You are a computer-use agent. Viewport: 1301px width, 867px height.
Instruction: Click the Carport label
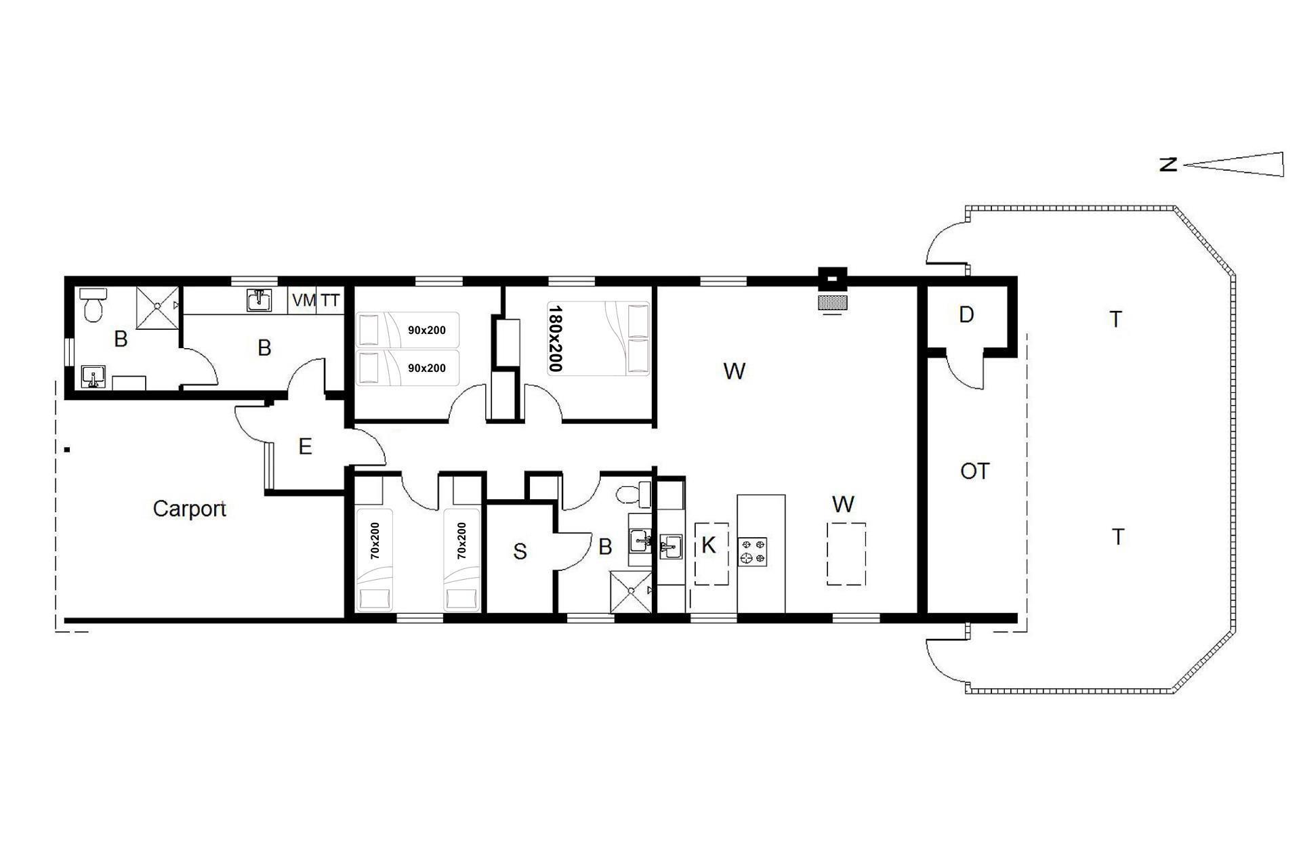189,509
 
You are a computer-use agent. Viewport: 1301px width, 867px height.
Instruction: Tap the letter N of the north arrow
1168,165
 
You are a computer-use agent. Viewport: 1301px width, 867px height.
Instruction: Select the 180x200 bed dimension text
556,339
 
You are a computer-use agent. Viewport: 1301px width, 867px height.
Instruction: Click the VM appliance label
304,300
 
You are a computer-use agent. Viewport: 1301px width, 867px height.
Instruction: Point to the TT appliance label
330,300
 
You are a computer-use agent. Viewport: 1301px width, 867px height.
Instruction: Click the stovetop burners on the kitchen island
752,551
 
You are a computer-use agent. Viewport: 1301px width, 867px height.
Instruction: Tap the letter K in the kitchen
708,545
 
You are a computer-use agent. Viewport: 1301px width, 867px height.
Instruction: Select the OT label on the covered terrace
974,471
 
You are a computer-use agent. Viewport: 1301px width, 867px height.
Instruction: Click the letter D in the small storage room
966,314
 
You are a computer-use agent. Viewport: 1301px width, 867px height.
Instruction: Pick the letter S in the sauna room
520,552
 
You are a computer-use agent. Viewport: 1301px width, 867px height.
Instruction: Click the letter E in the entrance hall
305,446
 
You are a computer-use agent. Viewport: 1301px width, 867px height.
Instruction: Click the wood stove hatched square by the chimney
833,302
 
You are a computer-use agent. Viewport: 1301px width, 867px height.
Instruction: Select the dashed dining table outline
846,553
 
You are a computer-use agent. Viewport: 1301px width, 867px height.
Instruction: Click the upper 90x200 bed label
427,331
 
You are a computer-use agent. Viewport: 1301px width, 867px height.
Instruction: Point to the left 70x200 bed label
375,541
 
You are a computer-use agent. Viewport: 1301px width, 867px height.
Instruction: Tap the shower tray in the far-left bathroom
157,308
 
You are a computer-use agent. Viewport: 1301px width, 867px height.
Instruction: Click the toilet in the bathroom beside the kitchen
634,493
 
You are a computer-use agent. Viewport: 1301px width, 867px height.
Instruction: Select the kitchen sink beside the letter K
670,547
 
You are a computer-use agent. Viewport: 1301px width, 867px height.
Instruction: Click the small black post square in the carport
67,448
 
